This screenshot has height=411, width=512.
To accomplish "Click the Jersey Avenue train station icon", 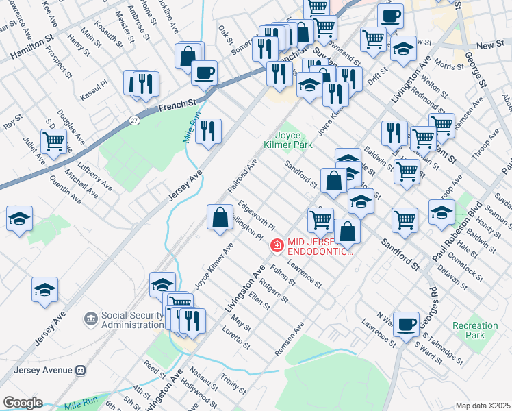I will pos(81,370).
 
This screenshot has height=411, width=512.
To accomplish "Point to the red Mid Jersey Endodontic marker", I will pos(277,244).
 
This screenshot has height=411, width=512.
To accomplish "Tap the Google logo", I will pos(22,402).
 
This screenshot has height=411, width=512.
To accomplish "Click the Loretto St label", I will pos(237,338).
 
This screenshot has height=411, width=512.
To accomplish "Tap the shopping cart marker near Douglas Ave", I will pos(54,141).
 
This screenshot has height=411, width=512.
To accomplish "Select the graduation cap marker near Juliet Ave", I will pos(19,219).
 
